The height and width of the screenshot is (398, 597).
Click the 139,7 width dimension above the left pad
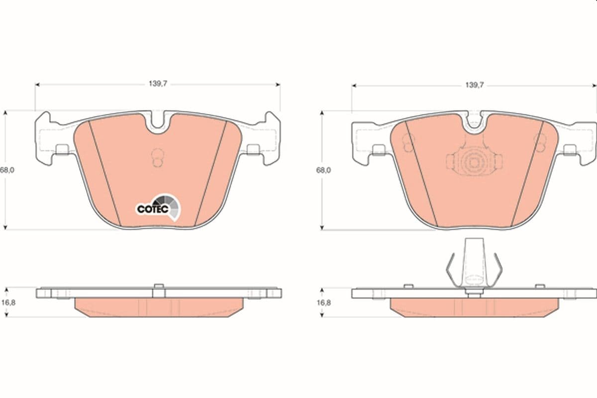click(x=158, y=84)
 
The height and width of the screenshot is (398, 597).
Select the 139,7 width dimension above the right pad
click(x=475, y=85)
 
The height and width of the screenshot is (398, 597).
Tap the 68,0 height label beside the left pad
click(x=7, y=170)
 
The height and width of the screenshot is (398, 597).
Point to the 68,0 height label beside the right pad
click(x=323, y=170)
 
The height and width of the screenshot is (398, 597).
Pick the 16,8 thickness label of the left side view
click(x=8, y=302)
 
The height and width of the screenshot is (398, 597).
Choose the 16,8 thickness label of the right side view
click(x=323, y=303)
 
